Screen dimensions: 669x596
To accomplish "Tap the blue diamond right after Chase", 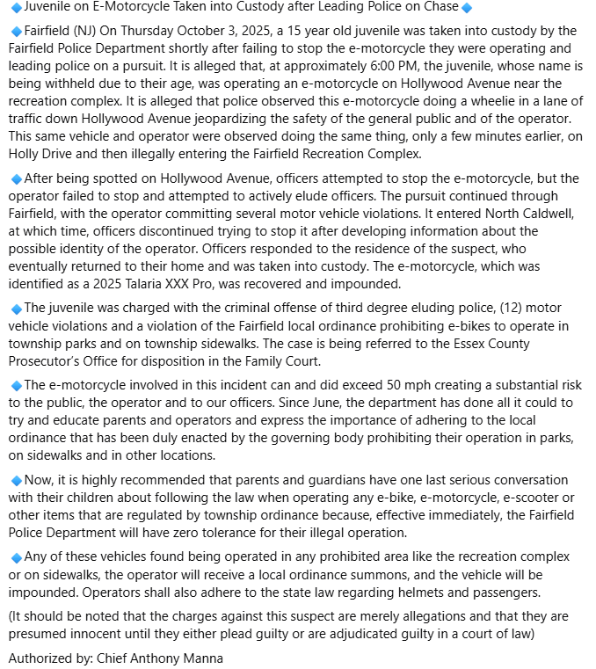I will pyautogui.click(x=467, y=8).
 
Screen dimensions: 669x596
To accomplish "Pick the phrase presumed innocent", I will pyautogui.click(x=62, y=634).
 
